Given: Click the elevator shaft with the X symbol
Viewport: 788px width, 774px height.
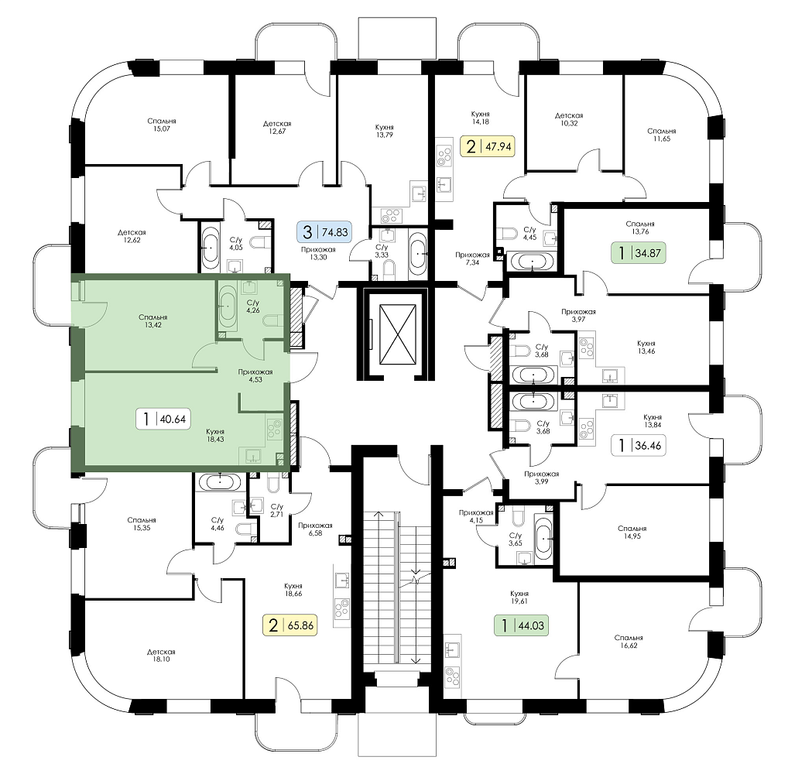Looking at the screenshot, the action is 398,334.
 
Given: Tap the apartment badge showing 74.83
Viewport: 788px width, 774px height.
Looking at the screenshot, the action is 326,232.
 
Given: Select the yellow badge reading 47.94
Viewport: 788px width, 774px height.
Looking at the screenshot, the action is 488,147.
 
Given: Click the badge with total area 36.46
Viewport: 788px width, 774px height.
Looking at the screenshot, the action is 639,445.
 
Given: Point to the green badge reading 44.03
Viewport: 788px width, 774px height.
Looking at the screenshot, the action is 521,625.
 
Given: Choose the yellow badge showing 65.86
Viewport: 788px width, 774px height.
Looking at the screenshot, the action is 290,625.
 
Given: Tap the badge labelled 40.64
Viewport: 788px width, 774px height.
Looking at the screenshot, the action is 163,419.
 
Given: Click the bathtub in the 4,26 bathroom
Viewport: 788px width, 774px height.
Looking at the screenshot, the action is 228,306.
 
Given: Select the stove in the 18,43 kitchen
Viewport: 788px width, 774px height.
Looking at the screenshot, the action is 274,429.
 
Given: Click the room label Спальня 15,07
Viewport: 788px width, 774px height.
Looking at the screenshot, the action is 161,125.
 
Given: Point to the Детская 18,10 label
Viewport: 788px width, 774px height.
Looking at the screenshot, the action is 161,656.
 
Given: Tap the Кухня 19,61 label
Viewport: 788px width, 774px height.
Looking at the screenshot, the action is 519,597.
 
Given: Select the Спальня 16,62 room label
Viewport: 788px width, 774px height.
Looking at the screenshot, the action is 629,642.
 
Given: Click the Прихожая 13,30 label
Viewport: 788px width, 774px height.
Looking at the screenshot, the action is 318,253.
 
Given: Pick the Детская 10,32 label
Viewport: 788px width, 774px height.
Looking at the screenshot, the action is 569,119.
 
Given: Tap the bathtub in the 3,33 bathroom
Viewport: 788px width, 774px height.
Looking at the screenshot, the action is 418,253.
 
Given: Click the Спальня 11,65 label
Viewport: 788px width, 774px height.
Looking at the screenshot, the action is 662,135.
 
